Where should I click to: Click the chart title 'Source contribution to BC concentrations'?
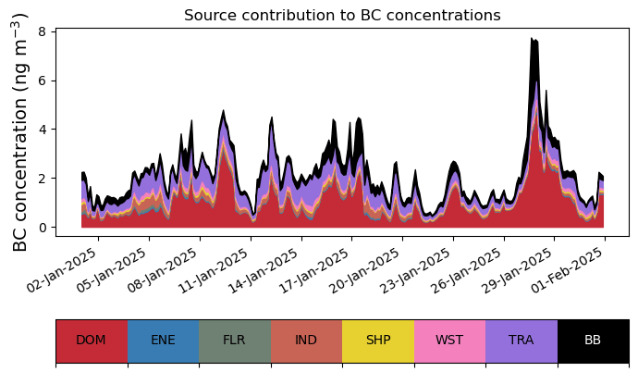342,15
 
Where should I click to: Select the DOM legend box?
91,340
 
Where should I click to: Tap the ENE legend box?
163,340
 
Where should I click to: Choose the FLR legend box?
234,340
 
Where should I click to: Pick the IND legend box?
306,340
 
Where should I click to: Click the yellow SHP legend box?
378,340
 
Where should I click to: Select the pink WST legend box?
449,340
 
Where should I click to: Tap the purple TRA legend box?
521,340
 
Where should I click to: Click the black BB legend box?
593,340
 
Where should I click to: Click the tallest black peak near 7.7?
534,39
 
